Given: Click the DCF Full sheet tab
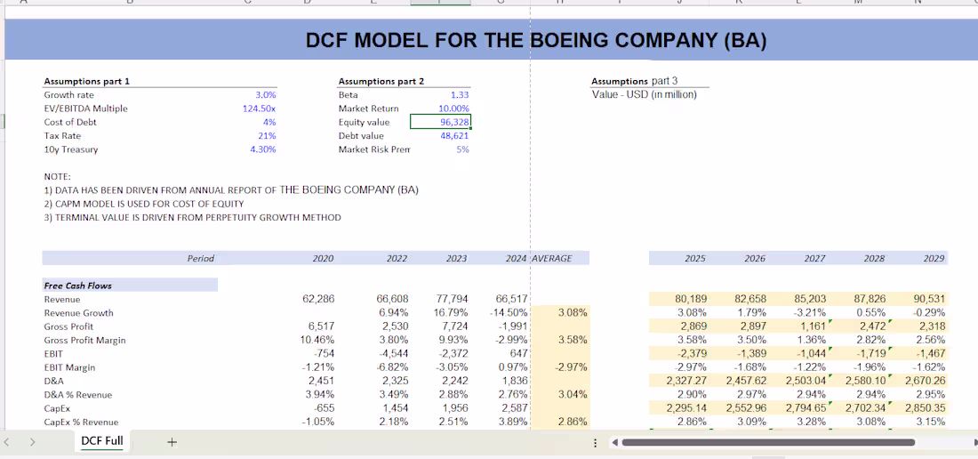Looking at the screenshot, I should tap(102, 441).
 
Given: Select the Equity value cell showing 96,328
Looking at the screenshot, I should tap(441, 122).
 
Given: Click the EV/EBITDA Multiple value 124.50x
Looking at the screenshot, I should tap(259, 109).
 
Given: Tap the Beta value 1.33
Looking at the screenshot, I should tap(460, 94).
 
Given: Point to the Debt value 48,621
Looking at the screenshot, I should tap(454, 136).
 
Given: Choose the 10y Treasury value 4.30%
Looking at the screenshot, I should tap(262, 149).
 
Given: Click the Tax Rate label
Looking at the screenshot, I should tap(62, 136).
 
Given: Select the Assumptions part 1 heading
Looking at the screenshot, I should tap(87, 81).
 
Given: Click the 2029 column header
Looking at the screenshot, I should tap(934, 259).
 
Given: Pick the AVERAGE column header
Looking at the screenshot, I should tap(552, 259).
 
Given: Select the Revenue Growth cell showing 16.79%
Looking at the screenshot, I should tap(452, 313).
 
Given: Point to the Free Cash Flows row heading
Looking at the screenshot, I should tap(78, 286).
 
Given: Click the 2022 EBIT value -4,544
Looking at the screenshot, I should tap(392, 354).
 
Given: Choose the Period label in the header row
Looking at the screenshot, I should tap(201, 259).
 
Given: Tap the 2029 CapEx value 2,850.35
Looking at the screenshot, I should tap(925, 408).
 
